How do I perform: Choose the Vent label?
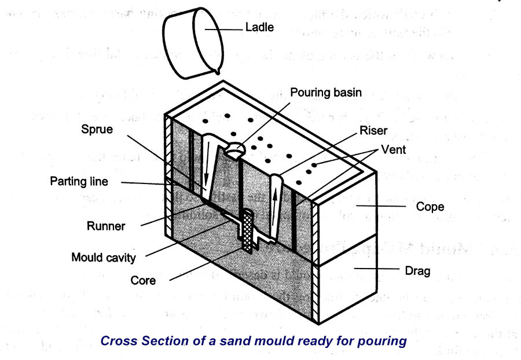click(x=394, y=149)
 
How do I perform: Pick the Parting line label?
click(x=79, y=181)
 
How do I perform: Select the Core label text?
click(x=142, y=281)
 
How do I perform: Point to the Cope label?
click(x=429, y=206)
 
